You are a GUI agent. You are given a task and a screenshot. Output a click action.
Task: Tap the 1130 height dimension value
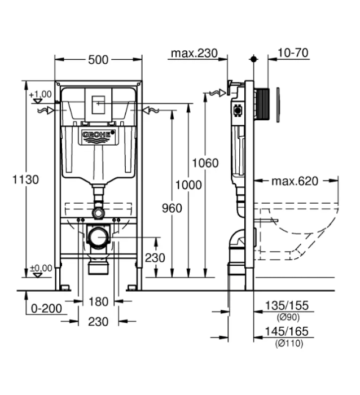[x=12, y=180]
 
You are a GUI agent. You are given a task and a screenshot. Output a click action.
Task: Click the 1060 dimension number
[x=205, y=163]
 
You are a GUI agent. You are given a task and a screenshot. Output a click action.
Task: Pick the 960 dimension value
[x=171, y=208]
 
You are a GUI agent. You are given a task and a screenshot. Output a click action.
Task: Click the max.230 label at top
[x=194, y=54]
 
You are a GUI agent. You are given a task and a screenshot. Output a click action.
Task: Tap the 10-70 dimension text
[x=293, y=54]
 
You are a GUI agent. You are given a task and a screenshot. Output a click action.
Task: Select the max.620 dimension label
[x=295, y=181]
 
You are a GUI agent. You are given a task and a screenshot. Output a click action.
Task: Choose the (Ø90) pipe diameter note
[x=288, y=317]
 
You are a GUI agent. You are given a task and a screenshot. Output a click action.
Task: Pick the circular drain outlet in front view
[x=98, y=238]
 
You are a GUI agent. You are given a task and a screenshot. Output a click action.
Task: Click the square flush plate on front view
[x=98, y=103]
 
